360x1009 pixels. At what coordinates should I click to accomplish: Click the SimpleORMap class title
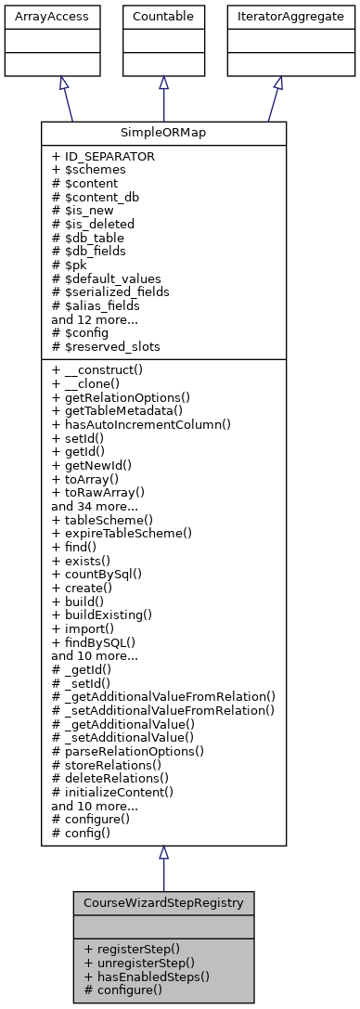[x=163, y=133]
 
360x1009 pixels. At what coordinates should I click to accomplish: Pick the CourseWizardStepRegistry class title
[x=163, y=902]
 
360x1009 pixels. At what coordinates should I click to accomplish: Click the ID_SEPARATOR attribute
[x=103, y=157]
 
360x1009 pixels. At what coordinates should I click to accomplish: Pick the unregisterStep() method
[x=138, y=963]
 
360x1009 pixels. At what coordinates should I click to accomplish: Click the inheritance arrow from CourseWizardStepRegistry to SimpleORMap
[x=163, y=867]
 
